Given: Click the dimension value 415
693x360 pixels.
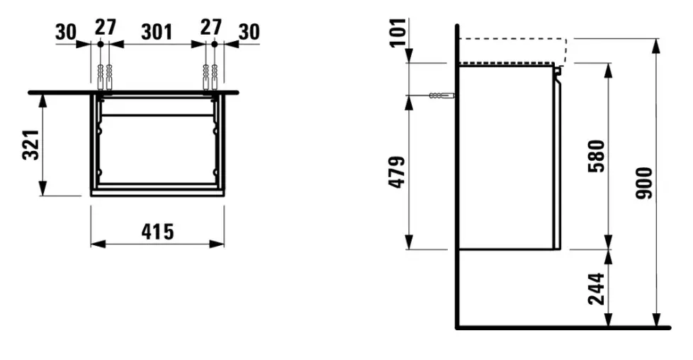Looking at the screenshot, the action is coord(158,232).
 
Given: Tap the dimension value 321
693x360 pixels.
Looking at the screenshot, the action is coord(31,145).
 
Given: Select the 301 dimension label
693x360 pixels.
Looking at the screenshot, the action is coord(157,33).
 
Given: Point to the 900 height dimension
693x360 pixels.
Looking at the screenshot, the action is coord(644,183).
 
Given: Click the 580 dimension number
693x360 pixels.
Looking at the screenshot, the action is coord(597,156).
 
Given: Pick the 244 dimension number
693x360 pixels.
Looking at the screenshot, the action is coord(597,289).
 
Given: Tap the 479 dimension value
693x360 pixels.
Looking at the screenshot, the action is coord(397,172).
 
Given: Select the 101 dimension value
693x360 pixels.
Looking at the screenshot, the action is coord(398,32).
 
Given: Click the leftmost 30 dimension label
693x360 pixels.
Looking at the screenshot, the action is coord(66,33).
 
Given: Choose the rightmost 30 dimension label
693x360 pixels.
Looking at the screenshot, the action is coord(249,33).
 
